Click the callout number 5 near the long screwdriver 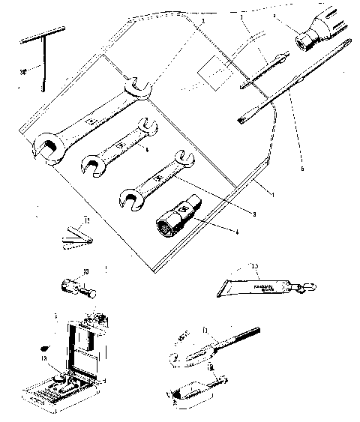click(302, 169)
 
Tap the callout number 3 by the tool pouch click(254, 214)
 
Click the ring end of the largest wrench click(46, 146)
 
